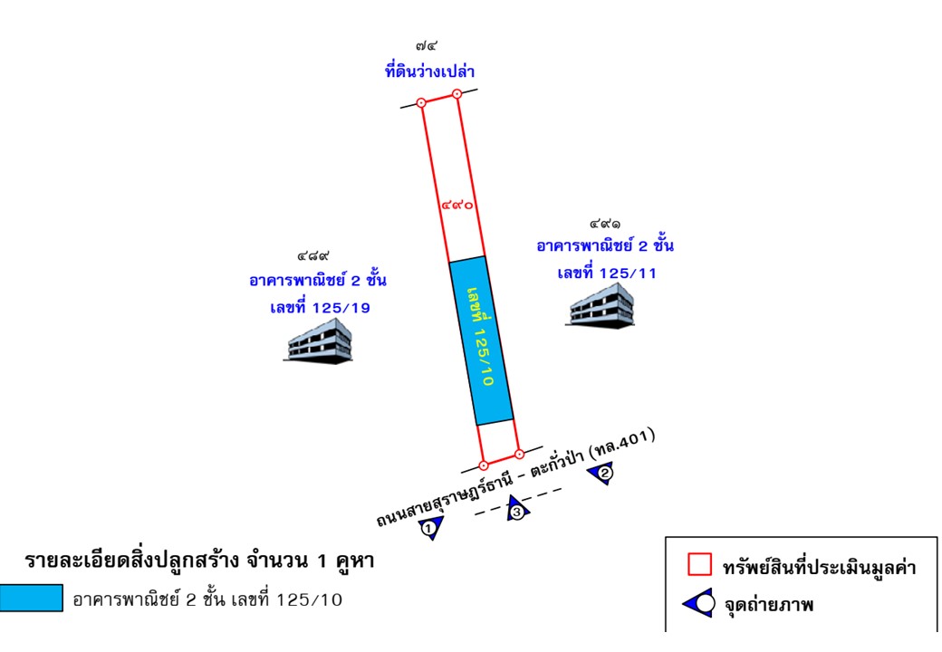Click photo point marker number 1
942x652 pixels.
[x=431, y=528]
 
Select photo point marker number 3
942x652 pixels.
[x=517, y=510]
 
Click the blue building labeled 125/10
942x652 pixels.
[x=482, y=340]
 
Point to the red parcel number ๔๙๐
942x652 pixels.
[x=458, y=206]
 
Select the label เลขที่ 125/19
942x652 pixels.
[x=320, y=308]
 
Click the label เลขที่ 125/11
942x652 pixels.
[x=607, y=273]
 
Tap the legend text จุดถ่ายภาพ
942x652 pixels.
[x=768, y=604]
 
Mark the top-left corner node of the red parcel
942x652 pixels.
[x=421, y=103]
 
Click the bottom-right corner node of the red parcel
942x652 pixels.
[x=518, y=454]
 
